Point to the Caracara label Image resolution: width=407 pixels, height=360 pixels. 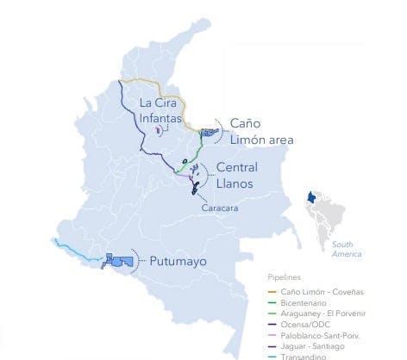pyautogui.click(x=219, y=208)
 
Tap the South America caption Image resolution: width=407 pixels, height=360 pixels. pyautogui.click(x=348, y=249)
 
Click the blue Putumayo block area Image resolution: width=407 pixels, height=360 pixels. pyautogui.click(x=118, y=260)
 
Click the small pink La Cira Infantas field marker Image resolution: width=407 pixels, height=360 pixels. pyautogui.click(x=159, y=129)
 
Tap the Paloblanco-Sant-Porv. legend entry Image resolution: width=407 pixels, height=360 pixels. pyautogui.click(x=322, y=336)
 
